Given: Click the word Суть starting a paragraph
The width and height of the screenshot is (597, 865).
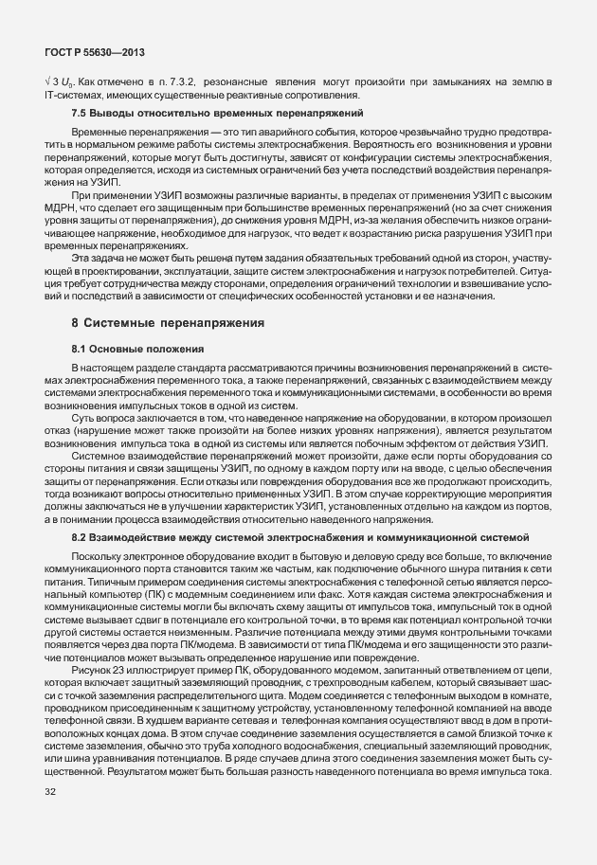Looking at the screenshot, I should [x=84, y=416].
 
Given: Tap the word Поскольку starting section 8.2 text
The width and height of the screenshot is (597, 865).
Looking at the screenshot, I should [x=98, y=554].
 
